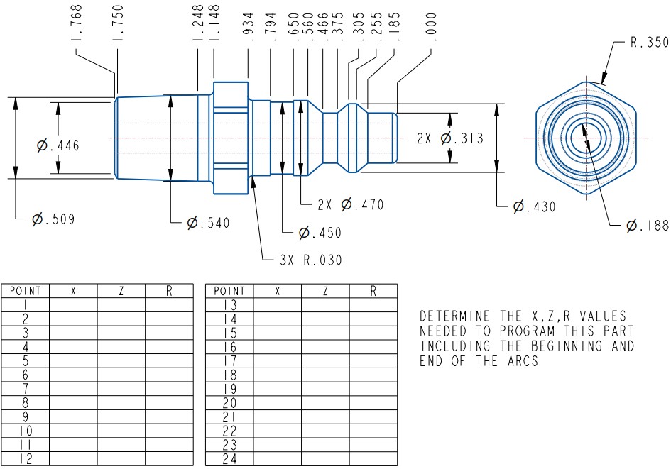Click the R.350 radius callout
pos(649,43)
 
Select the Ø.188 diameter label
pos(647,226)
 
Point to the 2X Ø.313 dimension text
pos(450,138)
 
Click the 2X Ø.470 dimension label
pos(351,205)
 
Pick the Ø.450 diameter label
pos(319,233)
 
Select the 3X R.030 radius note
pos(311,260)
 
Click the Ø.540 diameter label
pos(208,223)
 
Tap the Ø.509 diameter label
pos(53,219)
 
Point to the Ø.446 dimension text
pos(58,145)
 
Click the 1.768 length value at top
pos(77,23)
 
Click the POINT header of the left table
pos(26,291)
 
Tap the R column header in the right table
pos(373,291)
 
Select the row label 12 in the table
pos(26,459)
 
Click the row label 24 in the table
pos(229,459)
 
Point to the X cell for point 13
pos(278,304)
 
